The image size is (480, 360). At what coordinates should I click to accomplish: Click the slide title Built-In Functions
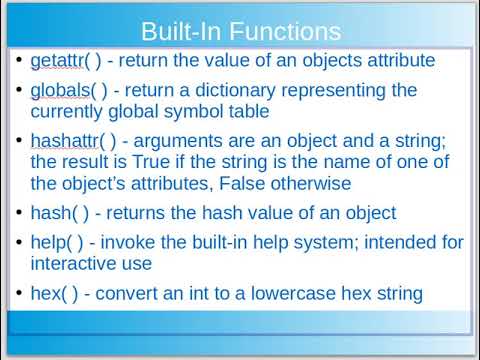[x=240, y=33]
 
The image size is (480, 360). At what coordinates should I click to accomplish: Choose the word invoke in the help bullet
[x=139, y=241]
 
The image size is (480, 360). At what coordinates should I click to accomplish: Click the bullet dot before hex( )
[x=21, y=293]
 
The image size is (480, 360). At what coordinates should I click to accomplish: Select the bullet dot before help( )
[x=21, y=241]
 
